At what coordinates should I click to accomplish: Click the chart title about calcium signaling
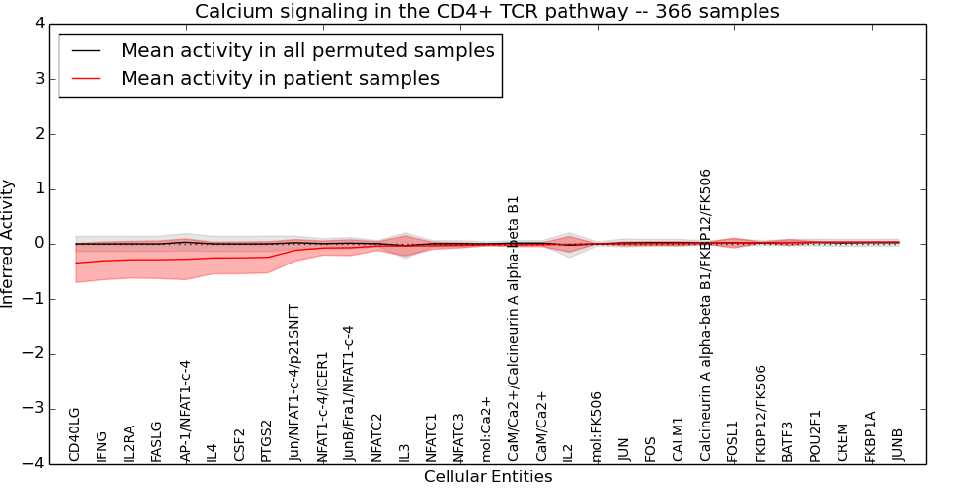point(487,12)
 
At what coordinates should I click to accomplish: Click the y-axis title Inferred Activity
point(9,244)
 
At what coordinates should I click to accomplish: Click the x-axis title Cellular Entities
point(487,477)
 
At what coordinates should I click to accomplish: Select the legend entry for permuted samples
point(307,51)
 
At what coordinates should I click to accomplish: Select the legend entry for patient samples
point(280,79)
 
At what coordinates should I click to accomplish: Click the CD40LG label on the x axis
point(75,434)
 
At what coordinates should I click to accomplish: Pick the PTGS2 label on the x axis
point(267,439)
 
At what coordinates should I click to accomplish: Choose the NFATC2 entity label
point(377,436)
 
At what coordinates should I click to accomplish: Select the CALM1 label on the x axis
point(679,438)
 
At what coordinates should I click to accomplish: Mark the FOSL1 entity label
point(733,440)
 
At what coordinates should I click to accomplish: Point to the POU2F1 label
point(816,435)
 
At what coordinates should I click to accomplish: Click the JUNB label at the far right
point(898,444)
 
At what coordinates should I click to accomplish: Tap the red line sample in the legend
point(84,79)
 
